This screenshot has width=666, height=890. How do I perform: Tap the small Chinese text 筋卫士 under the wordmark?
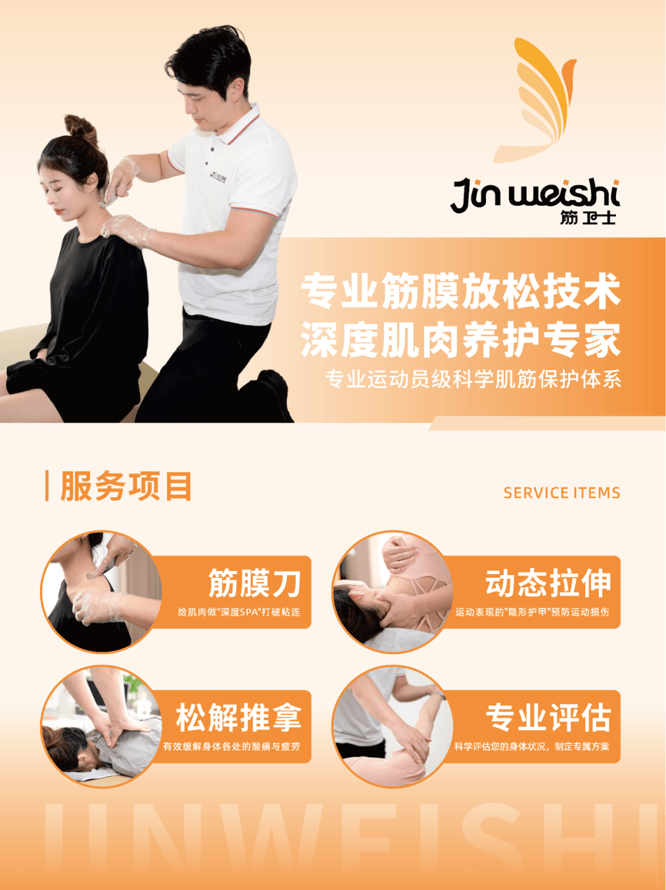pos(588,218)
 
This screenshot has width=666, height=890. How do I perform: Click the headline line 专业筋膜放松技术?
pos(461,291)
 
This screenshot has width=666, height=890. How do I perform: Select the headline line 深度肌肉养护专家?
pos(461,340)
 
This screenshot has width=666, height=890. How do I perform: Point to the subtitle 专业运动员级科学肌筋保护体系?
pos(473,379)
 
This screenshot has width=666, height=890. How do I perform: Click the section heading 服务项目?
pos(126,486)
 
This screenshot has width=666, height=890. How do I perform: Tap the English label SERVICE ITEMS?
pos(562,493)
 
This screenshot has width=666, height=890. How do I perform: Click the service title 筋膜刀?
pos(255,583)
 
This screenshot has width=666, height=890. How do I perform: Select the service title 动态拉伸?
pos(548,583)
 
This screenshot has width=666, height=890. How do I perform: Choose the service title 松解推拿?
pos(239,718)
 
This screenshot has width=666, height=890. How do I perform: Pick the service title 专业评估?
pos(548,718)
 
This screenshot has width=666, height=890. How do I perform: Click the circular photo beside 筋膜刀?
pos(102,592)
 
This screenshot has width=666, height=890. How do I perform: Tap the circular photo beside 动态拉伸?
pos(393,592)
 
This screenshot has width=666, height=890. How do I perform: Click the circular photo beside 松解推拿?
pos(102,726)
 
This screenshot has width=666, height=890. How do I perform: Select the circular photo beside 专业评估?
pos(393,726)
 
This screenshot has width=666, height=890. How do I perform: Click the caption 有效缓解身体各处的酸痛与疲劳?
pos(232,746)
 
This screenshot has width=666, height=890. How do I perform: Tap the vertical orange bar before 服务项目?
pos(47,486)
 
